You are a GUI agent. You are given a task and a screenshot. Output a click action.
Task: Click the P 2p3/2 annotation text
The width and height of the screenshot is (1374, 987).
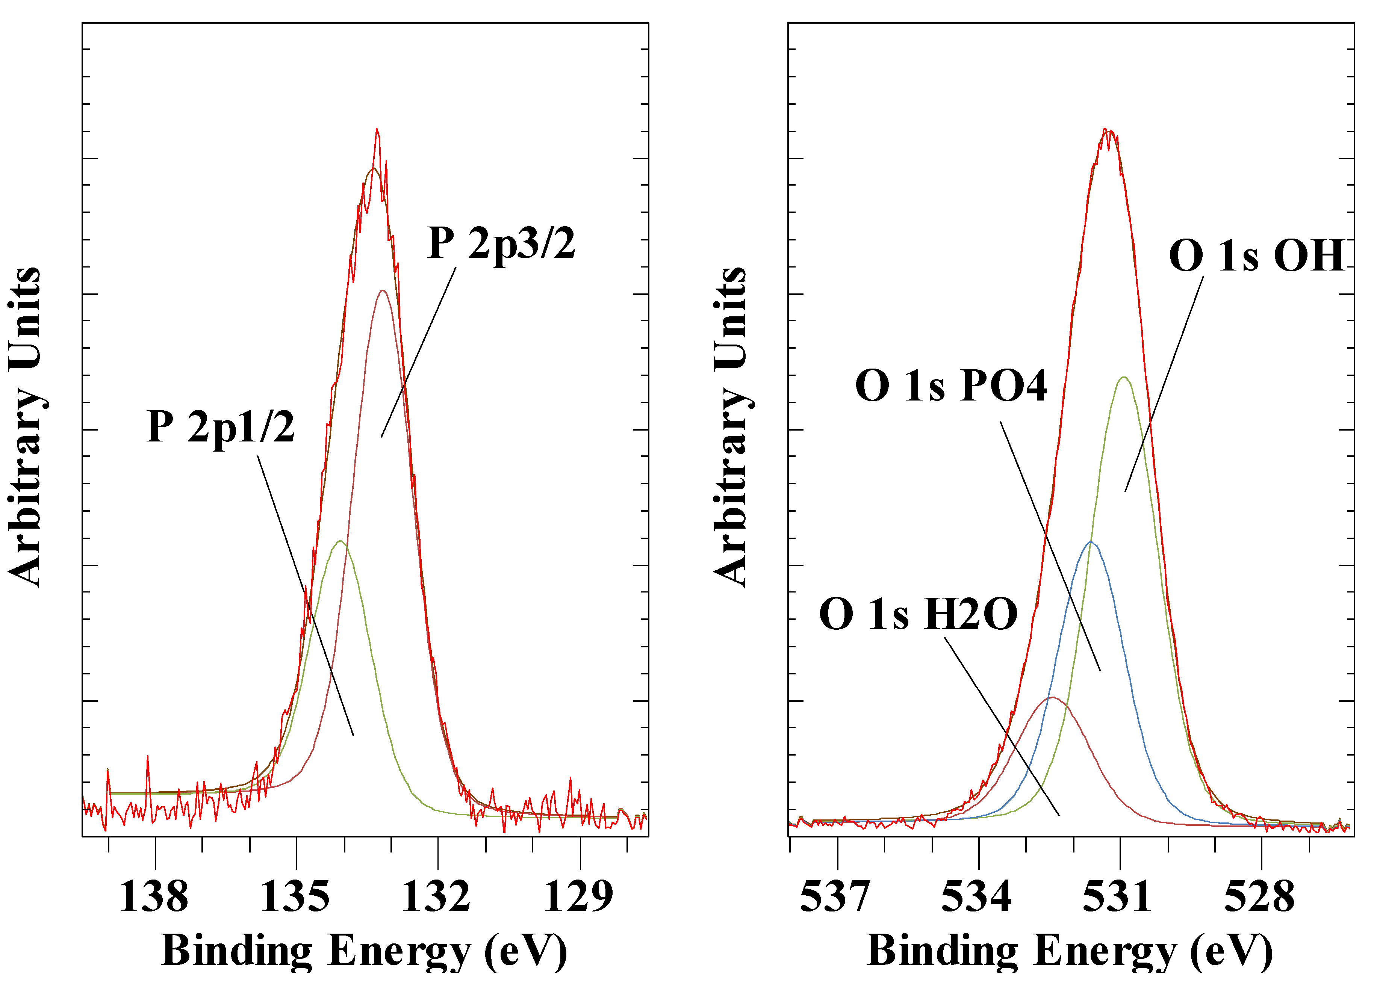click(x=501, y=243)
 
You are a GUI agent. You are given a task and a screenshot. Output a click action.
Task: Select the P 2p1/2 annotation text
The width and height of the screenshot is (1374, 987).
click(x=221, y=427)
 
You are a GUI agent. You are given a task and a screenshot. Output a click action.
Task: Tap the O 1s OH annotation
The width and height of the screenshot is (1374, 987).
click(x=1257, y=255)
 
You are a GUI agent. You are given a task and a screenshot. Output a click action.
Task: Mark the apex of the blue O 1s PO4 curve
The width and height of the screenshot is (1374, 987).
click(x=1091, y=542)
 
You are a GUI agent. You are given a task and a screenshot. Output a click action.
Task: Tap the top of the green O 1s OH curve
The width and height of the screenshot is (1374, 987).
click(x=1124, y=377)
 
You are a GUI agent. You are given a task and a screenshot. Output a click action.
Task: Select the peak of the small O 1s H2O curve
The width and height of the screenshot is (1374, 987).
click(x=1053, y=698)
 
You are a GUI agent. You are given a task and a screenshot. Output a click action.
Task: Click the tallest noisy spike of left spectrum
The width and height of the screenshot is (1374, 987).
click(x=377, y=129)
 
